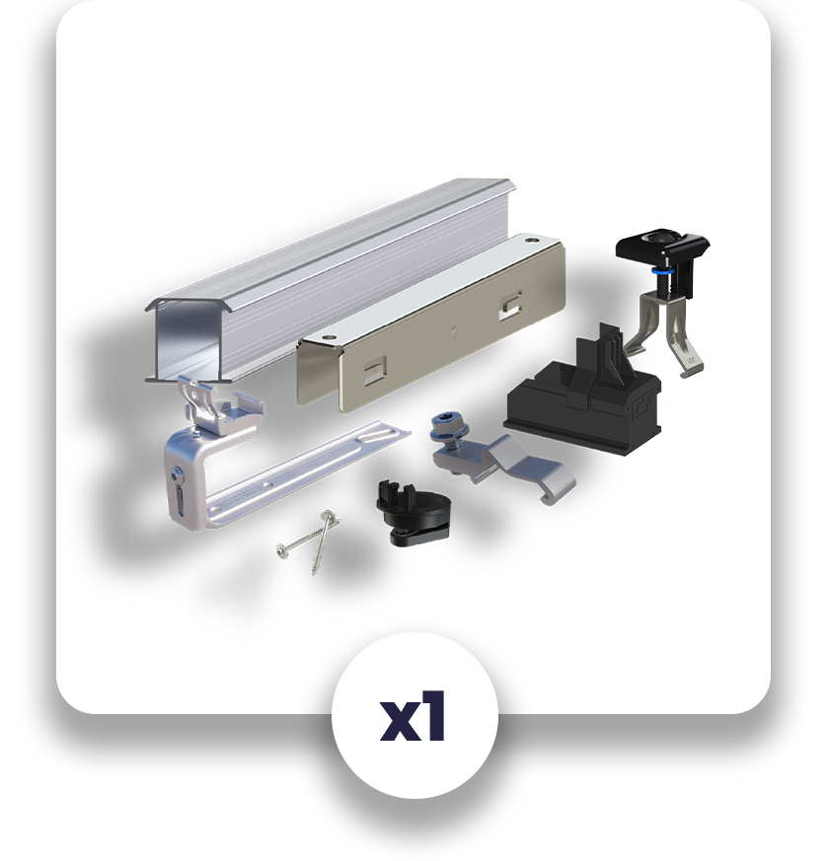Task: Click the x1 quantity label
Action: (x=414, y=718)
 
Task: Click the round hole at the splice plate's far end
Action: (x=532, y=239)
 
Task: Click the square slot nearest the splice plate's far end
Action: (x=509, y=301)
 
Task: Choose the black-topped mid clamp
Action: (x=661, y=296)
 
